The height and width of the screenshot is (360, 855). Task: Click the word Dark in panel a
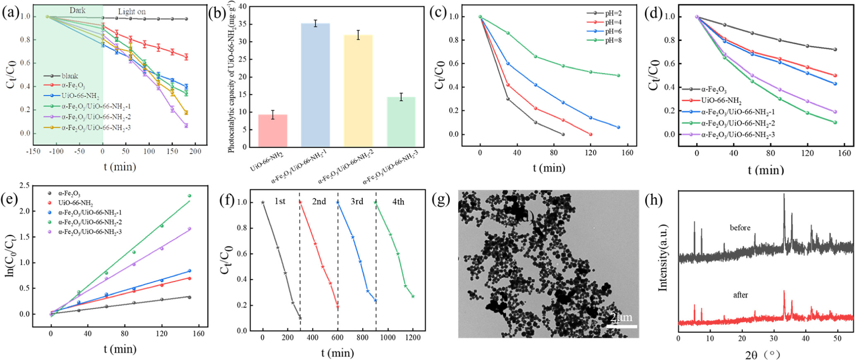coord(77,10)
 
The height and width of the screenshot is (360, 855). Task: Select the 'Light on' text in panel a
coord(132,12)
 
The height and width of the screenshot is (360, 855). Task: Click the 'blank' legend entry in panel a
coord(70,76)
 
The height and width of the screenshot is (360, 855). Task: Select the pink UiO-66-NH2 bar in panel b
coord(272,130)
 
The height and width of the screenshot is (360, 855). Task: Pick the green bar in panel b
coord(401,122)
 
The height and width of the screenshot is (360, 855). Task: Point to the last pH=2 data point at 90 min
coord(563,134)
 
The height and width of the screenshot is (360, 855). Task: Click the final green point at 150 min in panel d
coord(835,122)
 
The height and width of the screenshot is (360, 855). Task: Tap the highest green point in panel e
coord(190,196)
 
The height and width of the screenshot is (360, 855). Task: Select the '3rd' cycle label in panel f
coord(357,202)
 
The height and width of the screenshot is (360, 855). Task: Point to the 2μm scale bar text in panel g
coord(621,318)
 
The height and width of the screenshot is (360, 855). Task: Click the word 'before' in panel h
coord(740,228)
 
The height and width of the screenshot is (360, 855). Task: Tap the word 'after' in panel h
coord(740,295)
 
